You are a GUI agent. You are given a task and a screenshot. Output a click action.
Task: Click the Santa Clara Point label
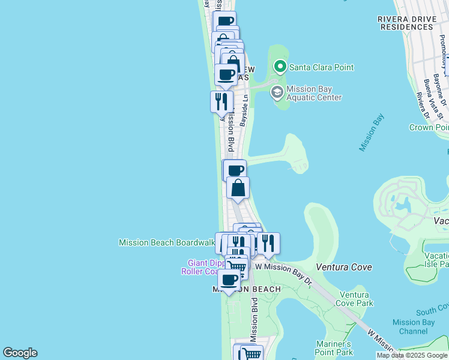pyautogui.click(x=321, y=67)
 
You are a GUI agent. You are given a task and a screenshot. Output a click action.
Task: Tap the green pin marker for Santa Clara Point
pyautogui.click(x=279, y=66)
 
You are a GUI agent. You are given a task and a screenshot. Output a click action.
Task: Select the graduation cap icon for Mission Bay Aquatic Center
pyautogui.click(x=277, y=92)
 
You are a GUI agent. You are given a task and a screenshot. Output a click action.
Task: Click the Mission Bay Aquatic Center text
pyautogui.click(x=314, y=94)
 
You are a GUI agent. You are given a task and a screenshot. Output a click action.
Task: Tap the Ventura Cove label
pyautogui.click(x=342, y=265)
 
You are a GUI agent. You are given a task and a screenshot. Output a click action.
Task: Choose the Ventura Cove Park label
pyautogui.click(x=357, y=299)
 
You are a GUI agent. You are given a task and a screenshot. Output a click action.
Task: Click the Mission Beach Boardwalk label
pyautogui.click(x=166, y=242)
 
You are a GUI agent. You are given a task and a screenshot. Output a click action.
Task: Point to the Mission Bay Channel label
pyautogui.click(x=414, y=326)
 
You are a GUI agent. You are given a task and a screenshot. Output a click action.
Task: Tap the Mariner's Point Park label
pyautogui.click(x=333, y=348)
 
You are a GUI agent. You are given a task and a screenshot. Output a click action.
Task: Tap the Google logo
pyautogui.click(x=20, y=353)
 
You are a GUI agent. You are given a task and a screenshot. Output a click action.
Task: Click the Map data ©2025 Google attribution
pyautogui.click(x=412, y=355)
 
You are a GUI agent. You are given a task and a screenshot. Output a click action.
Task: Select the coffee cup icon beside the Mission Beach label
pyautogui.click(x=228, y=279)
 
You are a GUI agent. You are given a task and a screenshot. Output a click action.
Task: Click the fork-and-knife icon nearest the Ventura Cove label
pyautogui.click(x=268, y=242)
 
